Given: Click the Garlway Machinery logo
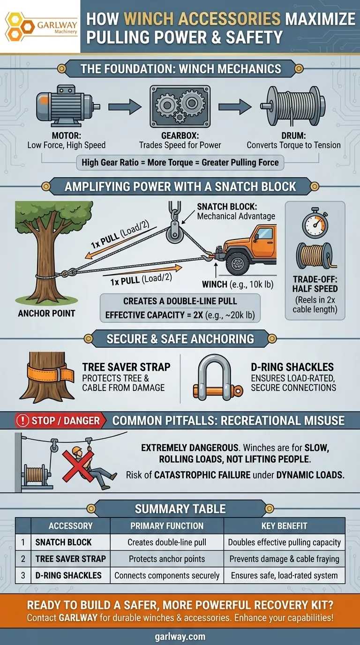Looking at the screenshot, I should click(40, 26).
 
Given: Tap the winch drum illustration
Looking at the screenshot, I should click(293, 105).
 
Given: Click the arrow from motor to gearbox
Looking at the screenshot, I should click(128, 106).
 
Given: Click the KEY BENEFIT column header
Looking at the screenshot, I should click(285, 526).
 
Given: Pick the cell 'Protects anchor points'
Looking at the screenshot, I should click(167, 559).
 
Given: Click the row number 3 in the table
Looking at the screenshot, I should click(23, 575).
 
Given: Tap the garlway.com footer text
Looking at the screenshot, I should click(180, 636).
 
